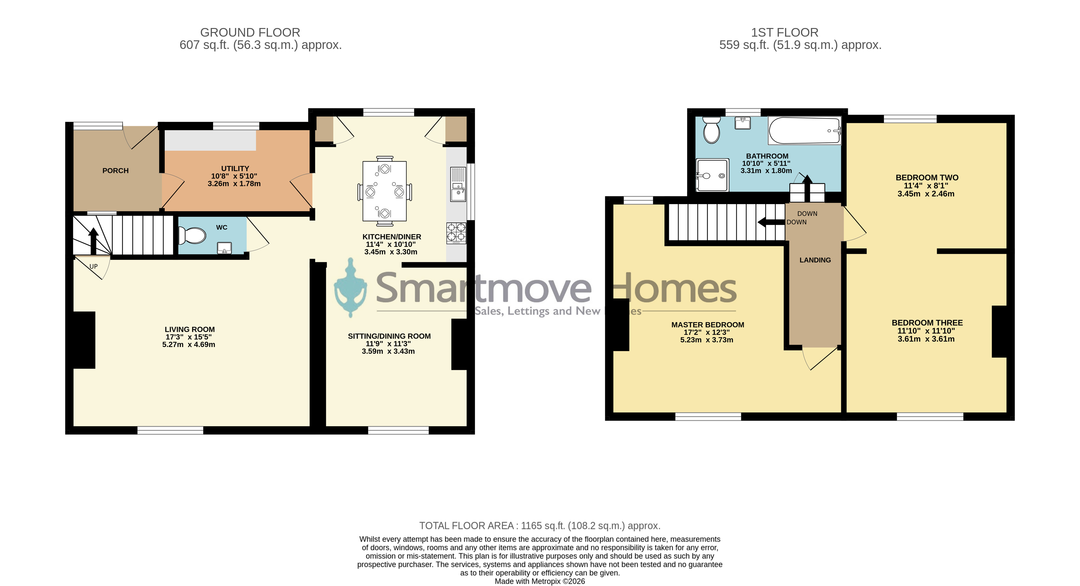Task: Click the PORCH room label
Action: (115, 171)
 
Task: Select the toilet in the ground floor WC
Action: (192, 235)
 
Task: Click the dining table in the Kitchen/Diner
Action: (384, 191)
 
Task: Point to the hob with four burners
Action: (456, 233)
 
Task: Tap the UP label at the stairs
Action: (94, 267)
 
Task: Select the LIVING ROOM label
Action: (189, 329)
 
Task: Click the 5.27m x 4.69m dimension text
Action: (189, 345)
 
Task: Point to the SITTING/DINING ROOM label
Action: (389, 336)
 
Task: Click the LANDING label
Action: (815, 260)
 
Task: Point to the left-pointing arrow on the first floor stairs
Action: (771, 222)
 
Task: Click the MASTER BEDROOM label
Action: (708, 325)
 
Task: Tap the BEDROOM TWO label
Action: (927, 178)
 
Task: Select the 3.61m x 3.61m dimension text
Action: (926, 339)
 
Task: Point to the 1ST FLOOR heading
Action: (784, 32)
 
